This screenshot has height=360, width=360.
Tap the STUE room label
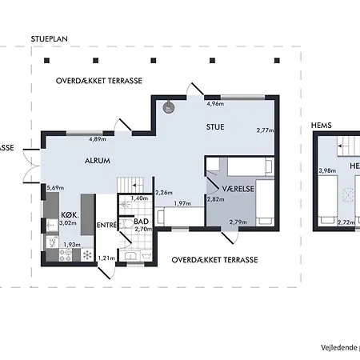pos(214,126)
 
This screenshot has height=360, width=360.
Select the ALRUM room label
pos(97,161)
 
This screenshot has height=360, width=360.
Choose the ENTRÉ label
pos(107,225)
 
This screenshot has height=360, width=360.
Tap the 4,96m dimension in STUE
pos(214,104)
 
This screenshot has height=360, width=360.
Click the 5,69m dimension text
pos(55,188)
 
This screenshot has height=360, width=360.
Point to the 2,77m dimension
pos(265,130)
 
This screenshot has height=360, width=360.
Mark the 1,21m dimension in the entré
pos(106,258)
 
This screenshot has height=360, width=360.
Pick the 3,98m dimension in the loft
pos(326,170)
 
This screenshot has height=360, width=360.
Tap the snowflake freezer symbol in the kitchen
pos(88,256)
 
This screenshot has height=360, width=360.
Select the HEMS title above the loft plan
pos(322,126)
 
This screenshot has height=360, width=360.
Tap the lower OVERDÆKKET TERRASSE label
pos(214,260)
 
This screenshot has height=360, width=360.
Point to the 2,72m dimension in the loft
pos(346,222)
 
